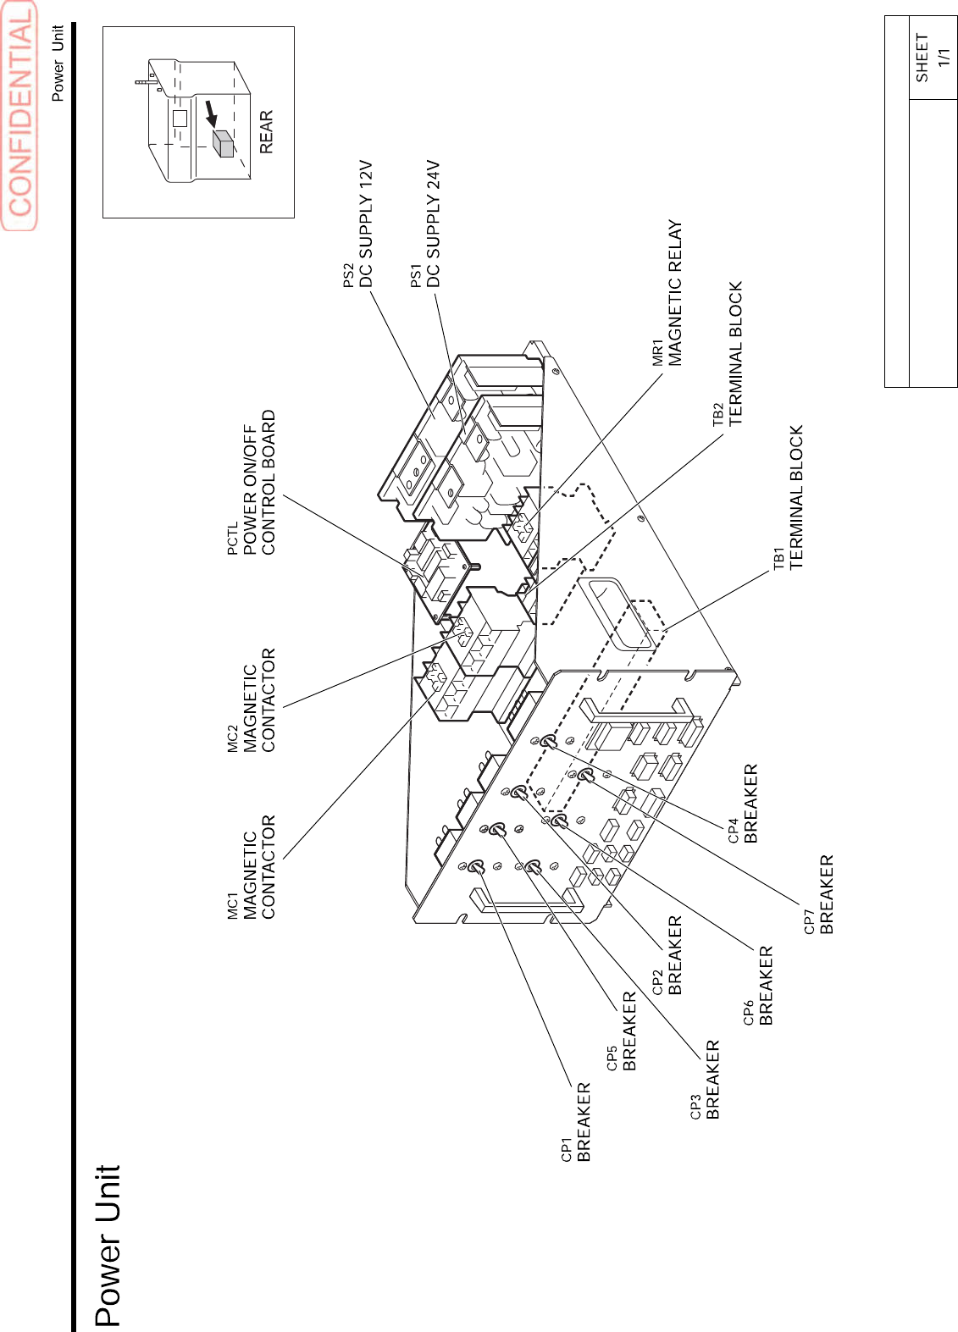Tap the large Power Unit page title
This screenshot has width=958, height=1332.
click(x=108, y=1245)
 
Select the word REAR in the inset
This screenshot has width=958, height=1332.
click(x=266, y=131)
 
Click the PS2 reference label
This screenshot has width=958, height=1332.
click(x=349, y=275)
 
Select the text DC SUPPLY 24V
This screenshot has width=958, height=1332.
click(x=433, y=224)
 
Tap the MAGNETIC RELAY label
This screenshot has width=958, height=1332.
click(x=674, y=293)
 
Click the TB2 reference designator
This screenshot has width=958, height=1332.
click(x=718, y=413)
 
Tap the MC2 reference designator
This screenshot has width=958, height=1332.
click(x=233, y=738)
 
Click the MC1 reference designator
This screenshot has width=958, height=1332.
click(x=233, y=905)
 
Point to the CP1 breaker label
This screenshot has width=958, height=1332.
click(x=577, y=1123)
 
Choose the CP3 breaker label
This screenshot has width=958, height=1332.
click(x=706, y=1081)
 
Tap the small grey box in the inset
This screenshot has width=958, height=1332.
click(x=224, y=144)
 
